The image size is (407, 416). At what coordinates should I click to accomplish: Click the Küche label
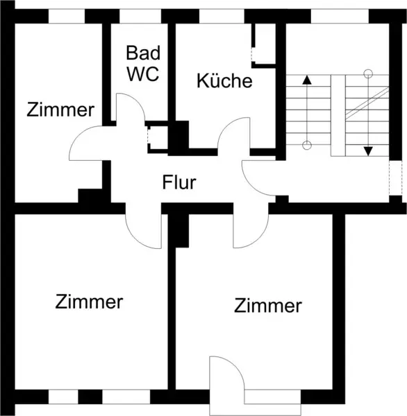(x=224, y=80)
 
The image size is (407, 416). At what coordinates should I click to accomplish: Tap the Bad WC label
(x=143, y=63)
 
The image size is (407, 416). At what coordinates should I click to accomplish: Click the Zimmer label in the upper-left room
(x=60, y=110)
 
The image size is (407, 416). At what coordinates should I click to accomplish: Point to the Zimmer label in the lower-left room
(x=89, y=302)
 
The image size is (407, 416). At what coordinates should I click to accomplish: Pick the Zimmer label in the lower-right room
(x=268, y=306)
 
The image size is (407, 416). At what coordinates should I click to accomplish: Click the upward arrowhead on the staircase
(x=307, y=80)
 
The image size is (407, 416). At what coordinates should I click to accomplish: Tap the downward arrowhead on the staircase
(x=368, y=151)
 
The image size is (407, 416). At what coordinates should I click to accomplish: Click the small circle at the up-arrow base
(x=307, y=145)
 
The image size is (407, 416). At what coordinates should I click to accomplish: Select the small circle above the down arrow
(x=368, y=73)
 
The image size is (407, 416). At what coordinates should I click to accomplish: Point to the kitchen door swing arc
(x=226, y=125)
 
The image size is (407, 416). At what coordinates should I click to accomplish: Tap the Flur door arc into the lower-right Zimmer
(x=260, y=239)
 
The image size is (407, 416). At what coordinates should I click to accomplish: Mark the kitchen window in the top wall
(x=222, y=16)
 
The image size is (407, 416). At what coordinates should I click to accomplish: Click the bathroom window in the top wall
(x=140, y=16)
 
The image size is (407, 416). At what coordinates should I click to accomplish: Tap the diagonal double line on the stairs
(x=367, y=103)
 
